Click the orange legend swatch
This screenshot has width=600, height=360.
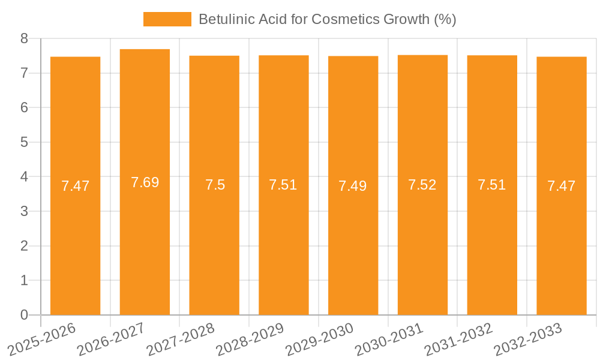167,19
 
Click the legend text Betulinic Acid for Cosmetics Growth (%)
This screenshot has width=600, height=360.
327,19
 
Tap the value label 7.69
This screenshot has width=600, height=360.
145,182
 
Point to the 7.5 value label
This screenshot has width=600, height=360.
215,185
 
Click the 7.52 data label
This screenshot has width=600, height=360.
422,185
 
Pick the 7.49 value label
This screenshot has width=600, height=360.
353,186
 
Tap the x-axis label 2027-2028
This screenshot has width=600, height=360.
181,338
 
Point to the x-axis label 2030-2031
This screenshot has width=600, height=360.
389,338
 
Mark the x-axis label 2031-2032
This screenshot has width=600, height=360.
458,338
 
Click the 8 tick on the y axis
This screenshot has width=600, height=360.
24,38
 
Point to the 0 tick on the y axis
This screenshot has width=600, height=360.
24,315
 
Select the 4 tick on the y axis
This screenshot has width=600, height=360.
24,177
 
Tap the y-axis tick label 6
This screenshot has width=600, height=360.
24,107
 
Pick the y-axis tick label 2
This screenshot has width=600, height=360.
24,246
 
